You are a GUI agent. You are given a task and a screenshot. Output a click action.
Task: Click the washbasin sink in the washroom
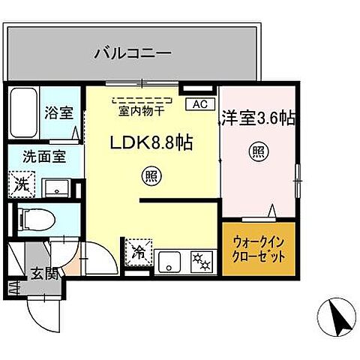point(56,186)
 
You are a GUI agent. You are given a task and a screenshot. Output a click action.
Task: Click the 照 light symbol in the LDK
point(149,177)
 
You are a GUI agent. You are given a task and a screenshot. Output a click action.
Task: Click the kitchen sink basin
point(169,262)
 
